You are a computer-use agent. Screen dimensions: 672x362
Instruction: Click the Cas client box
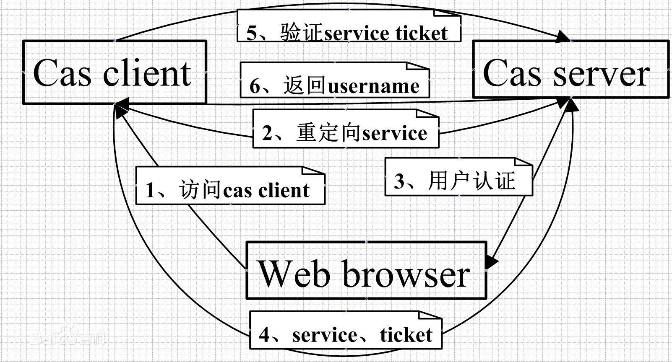click(x=115, y=72)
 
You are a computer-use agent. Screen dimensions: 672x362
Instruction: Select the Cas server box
click(x=571, y=69)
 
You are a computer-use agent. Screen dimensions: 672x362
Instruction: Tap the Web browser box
click(x=366, y=270)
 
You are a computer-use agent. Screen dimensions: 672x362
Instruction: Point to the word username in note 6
click(x=373, y=87)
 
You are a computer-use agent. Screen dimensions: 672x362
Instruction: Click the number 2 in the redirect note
click(x=267, y=133)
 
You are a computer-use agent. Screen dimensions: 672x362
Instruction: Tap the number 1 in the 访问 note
click(x=150, y=190)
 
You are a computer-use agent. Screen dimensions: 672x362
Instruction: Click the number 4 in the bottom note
click(x=264, y=335)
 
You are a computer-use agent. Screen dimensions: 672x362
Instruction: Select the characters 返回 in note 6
click(x=305, y=86)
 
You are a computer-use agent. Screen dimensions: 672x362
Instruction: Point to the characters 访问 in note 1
click(x=201, y=189)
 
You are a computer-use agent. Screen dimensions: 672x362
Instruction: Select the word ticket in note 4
click(x=406, y=335)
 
